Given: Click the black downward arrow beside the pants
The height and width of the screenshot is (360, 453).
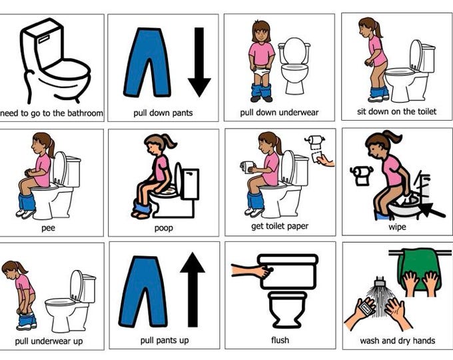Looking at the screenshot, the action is [x=199, y=62].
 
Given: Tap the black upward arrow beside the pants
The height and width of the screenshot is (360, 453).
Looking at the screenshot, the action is [x=193, y=289].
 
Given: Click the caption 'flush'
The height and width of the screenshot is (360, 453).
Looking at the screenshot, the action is [x=280, y=340].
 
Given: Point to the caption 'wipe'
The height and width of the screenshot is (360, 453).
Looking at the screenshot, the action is [x=397, y=227].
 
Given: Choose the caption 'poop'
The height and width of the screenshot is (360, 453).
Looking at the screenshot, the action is [x=163, y=228].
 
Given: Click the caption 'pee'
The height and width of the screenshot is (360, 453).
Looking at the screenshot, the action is [x=48, y=228].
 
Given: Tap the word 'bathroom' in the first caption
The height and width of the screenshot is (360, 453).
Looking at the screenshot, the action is [x=85, y=113].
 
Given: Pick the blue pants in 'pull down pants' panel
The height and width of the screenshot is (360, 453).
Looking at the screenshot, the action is [x=147, y=63].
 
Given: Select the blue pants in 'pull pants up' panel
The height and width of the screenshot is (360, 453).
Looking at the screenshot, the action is [x=143, y=291].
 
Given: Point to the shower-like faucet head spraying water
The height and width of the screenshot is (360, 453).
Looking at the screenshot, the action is [x=380, y=281].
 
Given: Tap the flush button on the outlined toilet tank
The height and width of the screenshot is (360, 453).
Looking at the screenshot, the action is [x=43, y=39].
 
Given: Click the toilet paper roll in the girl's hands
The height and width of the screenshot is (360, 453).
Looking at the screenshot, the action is [x=247, y=167].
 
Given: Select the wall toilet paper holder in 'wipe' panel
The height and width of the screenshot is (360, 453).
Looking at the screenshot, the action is [x=362, y=175].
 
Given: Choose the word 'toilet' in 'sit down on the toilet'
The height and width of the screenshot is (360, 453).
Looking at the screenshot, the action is [x=426, y=111].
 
